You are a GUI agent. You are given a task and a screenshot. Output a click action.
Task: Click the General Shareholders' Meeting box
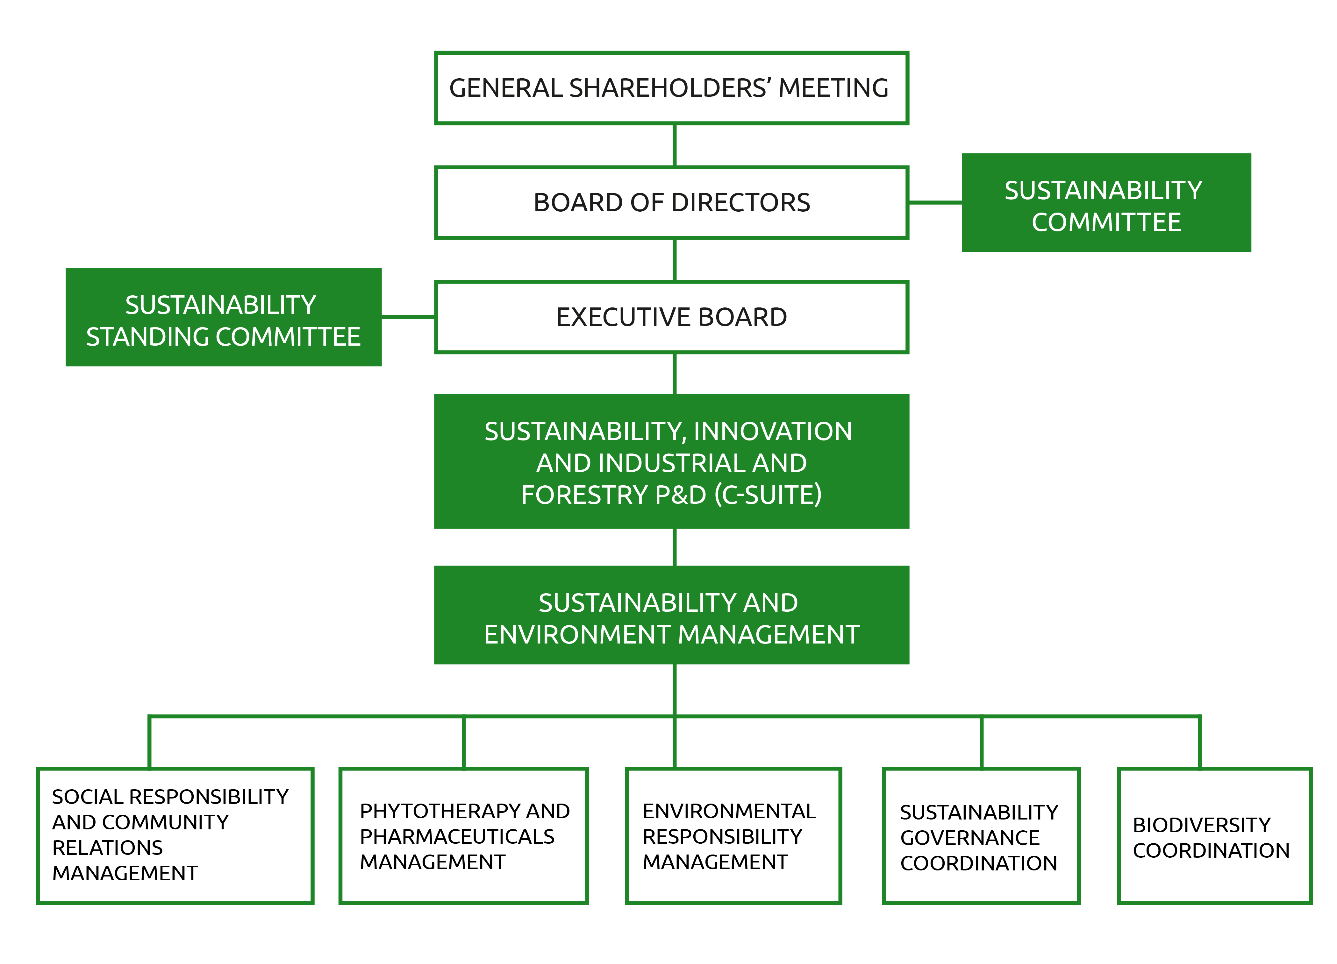(671, 88)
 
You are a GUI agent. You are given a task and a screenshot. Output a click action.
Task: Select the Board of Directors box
(671, 203)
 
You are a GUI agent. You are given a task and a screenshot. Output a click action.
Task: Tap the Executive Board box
(671, 317)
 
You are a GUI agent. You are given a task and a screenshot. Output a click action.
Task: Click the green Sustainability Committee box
(1106, 203)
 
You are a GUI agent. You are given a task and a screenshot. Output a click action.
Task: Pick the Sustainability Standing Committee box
(224, 317)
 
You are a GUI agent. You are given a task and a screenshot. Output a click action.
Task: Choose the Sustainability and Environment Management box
(671, 615)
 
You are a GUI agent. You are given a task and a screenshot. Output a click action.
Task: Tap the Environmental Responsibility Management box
(733, 835)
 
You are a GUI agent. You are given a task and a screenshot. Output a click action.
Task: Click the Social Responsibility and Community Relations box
(175, 835)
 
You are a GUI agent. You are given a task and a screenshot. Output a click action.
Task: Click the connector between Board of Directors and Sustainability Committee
(935, 203)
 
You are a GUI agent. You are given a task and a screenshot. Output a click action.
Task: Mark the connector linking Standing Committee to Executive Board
(408, 317)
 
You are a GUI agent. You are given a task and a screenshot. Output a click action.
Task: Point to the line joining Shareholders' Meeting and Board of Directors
(675, 145)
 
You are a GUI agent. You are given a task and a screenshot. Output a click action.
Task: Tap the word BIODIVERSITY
(1201, 825)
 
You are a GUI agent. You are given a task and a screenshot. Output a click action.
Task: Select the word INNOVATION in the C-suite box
(773, 431)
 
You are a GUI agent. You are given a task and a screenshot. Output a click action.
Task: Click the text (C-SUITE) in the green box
(768, 495)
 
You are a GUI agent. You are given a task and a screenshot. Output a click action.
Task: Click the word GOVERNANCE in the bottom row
(970, 838)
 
